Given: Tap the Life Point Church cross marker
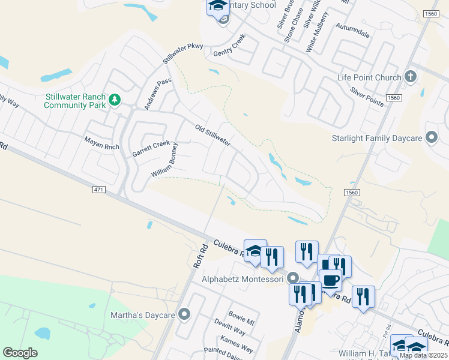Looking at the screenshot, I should [411, 77].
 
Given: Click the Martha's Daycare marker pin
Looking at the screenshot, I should [184, 314].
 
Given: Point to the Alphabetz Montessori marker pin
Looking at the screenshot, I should [292, 278].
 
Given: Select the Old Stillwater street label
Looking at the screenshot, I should [213, 135].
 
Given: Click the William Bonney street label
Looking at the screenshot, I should [165, 160].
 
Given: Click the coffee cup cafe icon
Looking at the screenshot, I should [330, 280].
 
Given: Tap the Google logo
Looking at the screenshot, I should [20, 353].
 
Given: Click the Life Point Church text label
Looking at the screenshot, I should [369, 77].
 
